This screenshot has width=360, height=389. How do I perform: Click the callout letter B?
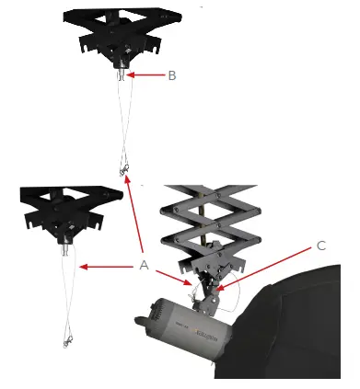coord(171,75)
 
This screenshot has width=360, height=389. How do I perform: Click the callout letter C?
coord(320,246)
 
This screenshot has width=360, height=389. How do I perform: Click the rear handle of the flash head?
coord(140,317)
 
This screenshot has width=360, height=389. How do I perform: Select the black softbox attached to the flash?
coord(295,340)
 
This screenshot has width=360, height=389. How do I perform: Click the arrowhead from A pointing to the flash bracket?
coord(194,286)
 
